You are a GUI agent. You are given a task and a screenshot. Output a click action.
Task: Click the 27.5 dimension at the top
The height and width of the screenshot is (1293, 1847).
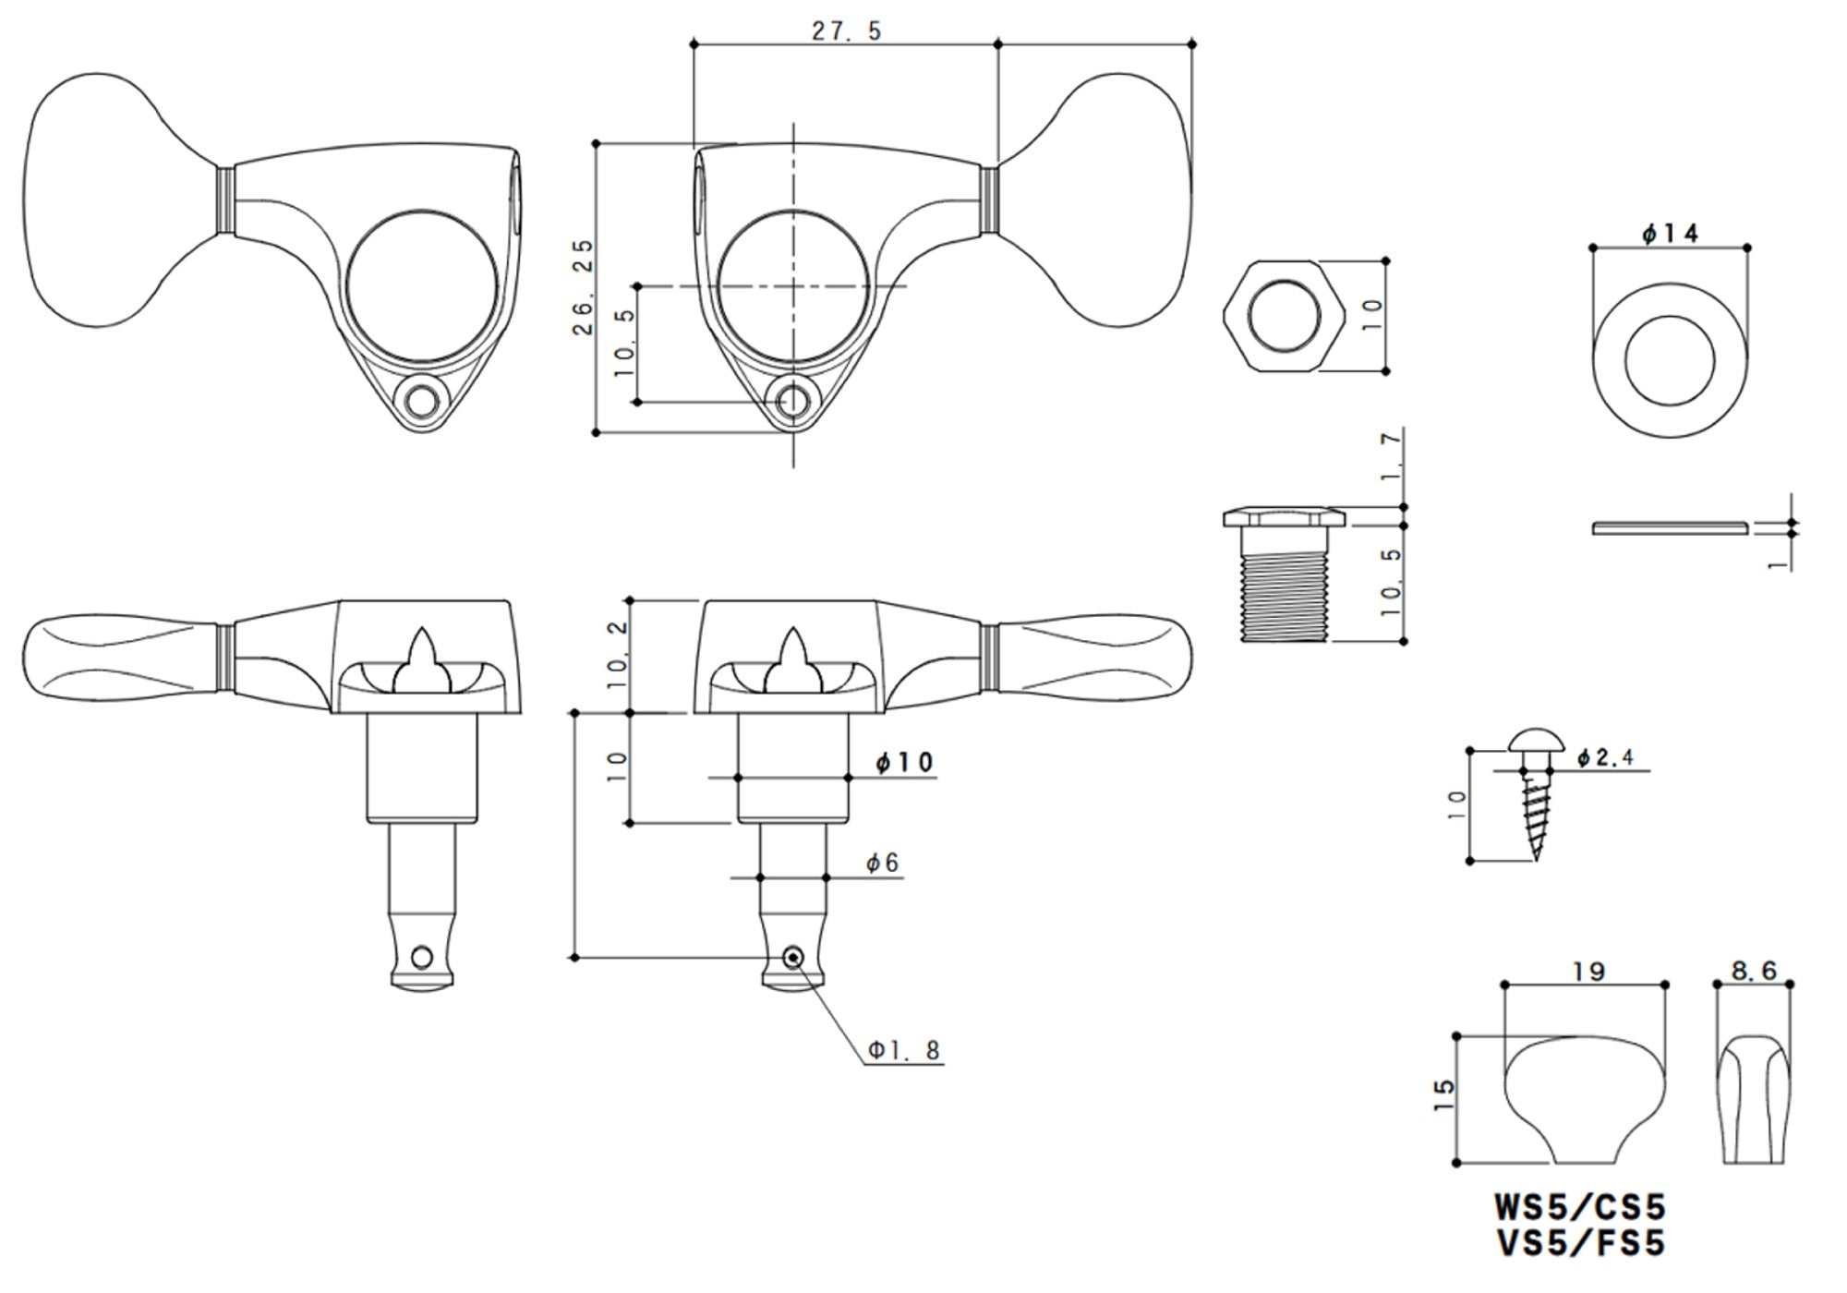coord(847,31)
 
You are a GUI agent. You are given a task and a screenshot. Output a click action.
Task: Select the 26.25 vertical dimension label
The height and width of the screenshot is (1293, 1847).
coord(583,287)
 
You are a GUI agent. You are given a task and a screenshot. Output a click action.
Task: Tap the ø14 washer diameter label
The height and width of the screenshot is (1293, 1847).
coord(1670,235)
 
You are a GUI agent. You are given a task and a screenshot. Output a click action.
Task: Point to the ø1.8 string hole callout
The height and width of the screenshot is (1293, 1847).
coord(904,1050)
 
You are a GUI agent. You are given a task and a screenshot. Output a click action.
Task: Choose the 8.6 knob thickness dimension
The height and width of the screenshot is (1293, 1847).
coord(1754,970)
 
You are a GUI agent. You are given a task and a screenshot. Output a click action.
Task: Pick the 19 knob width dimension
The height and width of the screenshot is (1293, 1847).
coord(1588,972)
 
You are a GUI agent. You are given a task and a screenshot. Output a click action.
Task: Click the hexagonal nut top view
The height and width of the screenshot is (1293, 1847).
coord(1283,316)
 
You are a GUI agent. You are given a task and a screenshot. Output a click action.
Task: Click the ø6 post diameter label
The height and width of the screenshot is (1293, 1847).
coord(882,864)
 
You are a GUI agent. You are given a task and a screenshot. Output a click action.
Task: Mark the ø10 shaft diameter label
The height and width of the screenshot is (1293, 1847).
coord(904,763)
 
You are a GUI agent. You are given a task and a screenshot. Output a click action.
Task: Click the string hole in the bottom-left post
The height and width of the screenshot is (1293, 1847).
coord(423,956)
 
